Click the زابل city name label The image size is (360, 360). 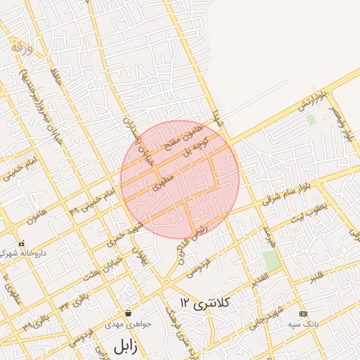click(124, 345)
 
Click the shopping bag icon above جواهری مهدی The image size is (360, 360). click(128, 313)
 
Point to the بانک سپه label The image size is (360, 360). click(303, 325)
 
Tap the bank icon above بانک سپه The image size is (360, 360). click(303, 314)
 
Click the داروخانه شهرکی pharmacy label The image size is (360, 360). click(23, 251)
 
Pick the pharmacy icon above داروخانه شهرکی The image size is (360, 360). click(21, 241)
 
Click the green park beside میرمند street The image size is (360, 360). click(272, 259)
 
